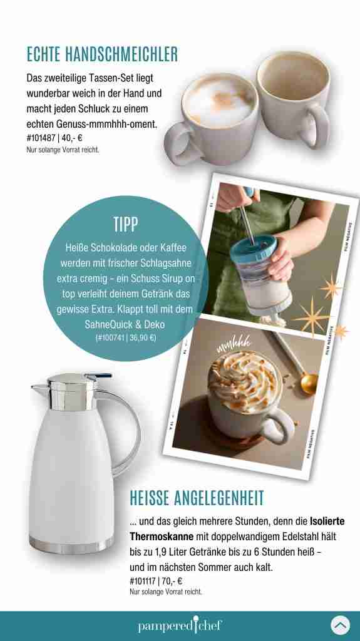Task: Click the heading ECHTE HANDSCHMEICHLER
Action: coord(102,54)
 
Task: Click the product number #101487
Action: coord(41,137)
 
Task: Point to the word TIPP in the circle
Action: coord(126,225)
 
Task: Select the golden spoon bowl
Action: coord(309,384)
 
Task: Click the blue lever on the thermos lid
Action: coord(98,375)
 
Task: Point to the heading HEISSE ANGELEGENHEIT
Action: coord(197,498)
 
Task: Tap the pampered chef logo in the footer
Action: coord(180,625)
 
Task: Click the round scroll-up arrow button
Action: coord(341,625)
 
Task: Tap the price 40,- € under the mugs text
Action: coord(72,137)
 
